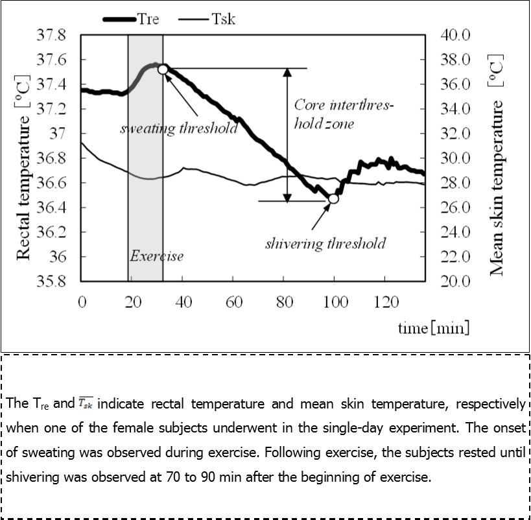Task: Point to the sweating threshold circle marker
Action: (x=163, y=69)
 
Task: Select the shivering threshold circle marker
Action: (x=333, y=199)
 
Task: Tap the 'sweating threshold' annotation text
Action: (x=179, y=128)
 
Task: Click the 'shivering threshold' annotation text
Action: (x=325, y=244)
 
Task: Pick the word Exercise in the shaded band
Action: (x=156, y=256)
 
